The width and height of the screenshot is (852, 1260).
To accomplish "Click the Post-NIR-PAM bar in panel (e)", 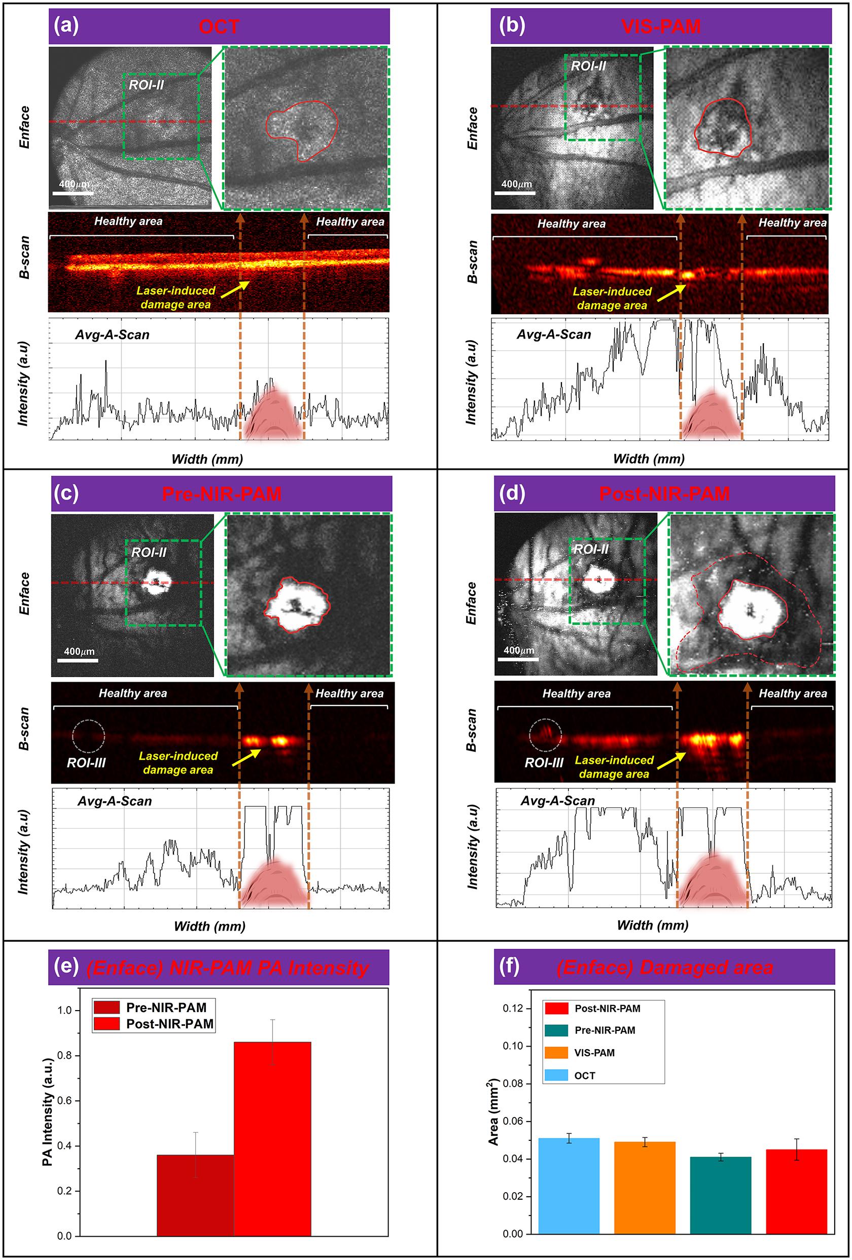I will (272, 1138).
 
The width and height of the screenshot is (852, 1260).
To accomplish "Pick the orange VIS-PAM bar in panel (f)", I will (644, 1188).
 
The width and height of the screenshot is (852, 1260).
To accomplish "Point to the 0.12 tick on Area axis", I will (513, 1009).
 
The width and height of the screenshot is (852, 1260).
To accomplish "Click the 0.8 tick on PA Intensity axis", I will (64, 1056).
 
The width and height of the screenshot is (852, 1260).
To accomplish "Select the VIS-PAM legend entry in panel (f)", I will (594, 1053).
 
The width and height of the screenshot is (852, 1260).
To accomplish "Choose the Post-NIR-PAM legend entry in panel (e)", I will (169, 1024).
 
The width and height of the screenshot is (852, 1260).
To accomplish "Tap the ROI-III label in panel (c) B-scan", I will (86, 763).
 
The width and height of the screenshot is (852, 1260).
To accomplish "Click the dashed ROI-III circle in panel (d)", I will (545, 735).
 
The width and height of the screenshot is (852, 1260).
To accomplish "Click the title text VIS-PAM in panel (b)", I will (661, 26).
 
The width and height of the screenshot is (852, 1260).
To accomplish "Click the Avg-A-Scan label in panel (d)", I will (557, 801).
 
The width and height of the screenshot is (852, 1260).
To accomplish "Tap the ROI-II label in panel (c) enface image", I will (149, 552).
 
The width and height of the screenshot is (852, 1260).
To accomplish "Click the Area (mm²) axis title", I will (492, 1112).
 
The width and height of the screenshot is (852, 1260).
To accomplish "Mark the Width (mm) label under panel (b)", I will (648, 459).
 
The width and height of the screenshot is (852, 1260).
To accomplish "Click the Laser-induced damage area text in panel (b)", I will (612, 298).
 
